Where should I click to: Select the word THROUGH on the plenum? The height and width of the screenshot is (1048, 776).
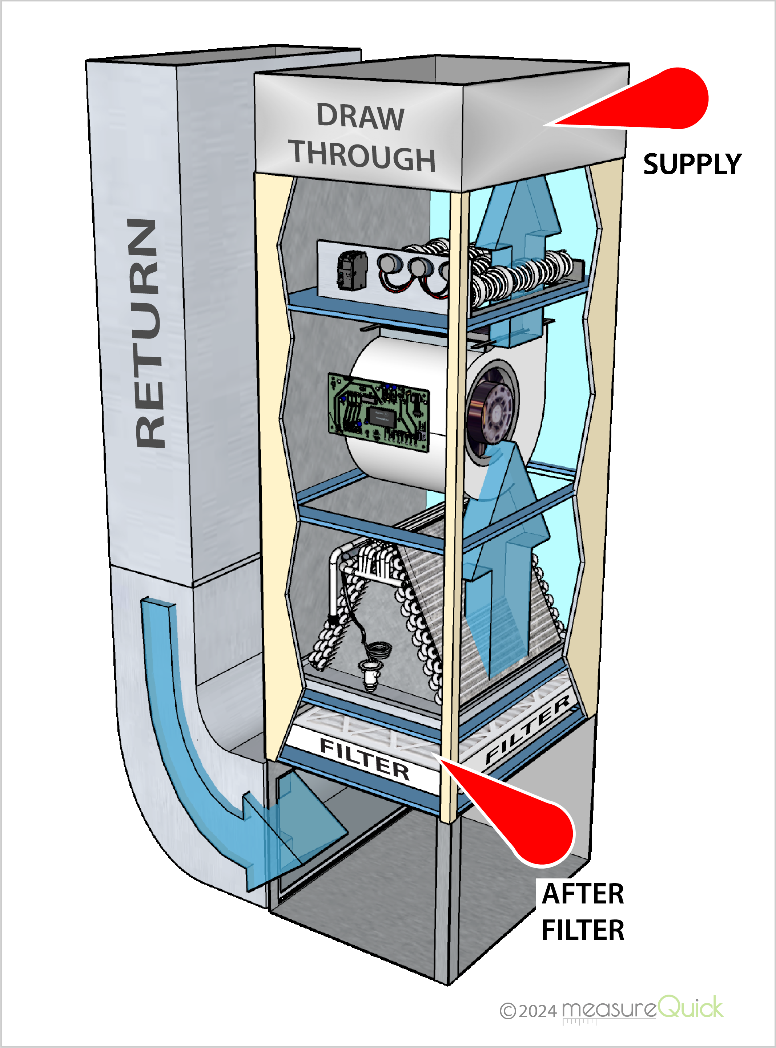[x=363, y=156]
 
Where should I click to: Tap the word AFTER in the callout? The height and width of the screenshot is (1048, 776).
[x=583, y=894]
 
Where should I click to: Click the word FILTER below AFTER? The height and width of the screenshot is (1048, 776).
[x=583, y=930]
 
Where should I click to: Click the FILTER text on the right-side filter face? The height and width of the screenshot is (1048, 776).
[x=528, y=730]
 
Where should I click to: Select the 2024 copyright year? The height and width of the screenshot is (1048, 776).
[x=538, y=1011]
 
